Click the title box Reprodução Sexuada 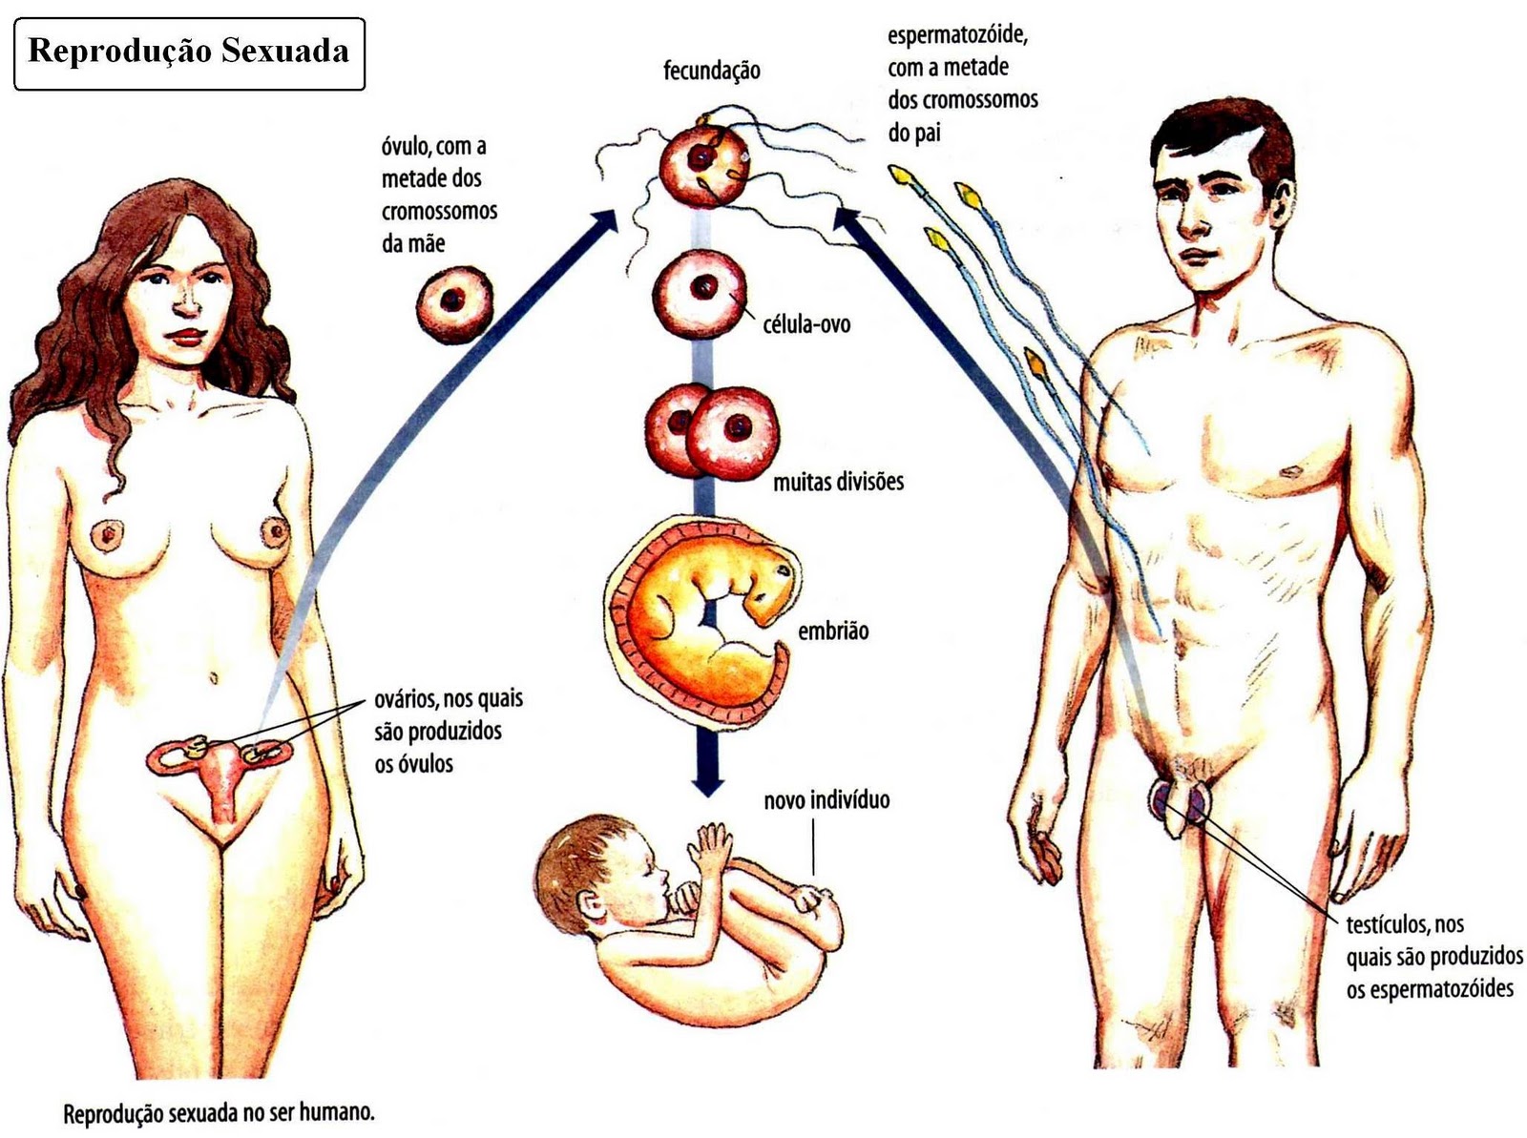coord(189,52)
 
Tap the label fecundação coord(712,71)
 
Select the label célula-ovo coord(806,324)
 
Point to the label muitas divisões coord(838,482)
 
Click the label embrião coord(833,631)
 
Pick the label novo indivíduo coord(826,799)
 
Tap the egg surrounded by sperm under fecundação coord(705,166)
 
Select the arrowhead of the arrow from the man coord(845,220)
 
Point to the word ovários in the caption coord(406,700)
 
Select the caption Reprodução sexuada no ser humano coord(220,1113)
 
